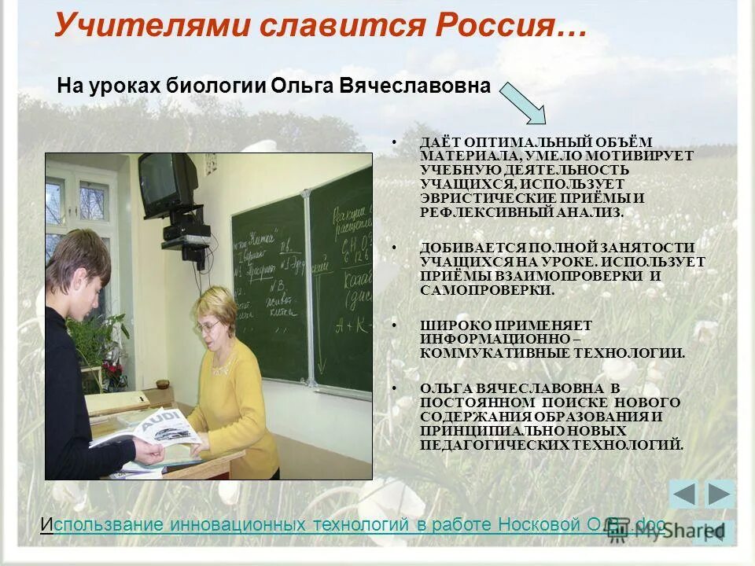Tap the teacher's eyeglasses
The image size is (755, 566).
point(208,325)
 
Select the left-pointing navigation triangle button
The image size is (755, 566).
point(683,494)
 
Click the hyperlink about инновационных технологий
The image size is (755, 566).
point(354,524)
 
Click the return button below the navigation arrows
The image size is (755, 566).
point(713,531)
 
